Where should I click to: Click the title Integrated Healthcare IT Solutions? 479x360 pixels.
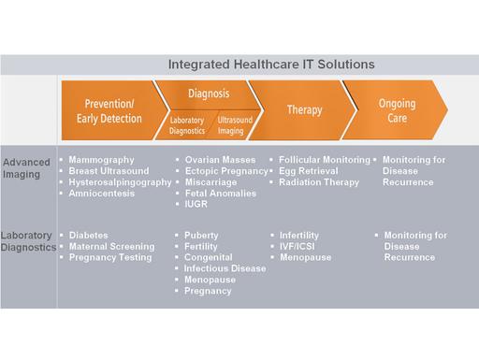[x=271, y=65]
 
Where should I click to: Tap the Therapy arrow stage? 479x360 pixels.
[x=305, y=109]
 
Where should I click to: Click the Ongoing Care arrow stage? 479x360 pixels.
[x=397, y=111]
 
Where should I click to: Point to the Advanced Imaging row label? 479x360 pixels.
[x=27, y=166]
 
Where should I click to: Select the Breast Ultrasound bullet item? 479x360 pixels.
[x=109, y=171]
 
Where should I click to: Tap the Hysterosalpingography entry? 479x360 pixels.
[x=120, y=182]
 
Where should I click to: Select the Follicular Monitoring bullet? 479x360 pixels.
[x=325, y=160]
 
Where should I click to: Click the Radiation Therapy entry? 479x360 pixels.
[x=319, y=182]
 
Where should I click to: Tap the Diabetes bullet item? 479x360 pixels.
[x=89, y=235]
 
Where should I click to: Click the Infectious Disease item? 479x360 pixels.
[x=225, y=268]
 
